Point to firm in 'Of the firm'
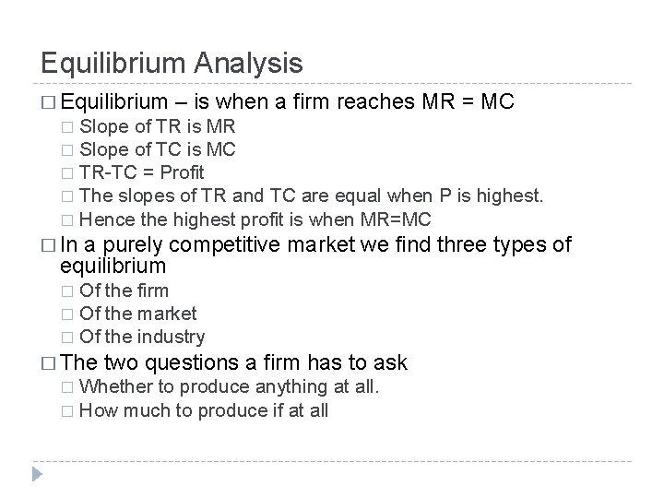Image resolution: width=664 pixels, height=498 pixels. (152, 290)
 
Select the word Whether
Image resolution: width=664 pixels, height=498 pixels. (114, 386)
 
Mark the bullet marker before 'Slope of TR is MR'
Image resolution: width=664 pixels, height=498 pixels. (65, 125)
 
